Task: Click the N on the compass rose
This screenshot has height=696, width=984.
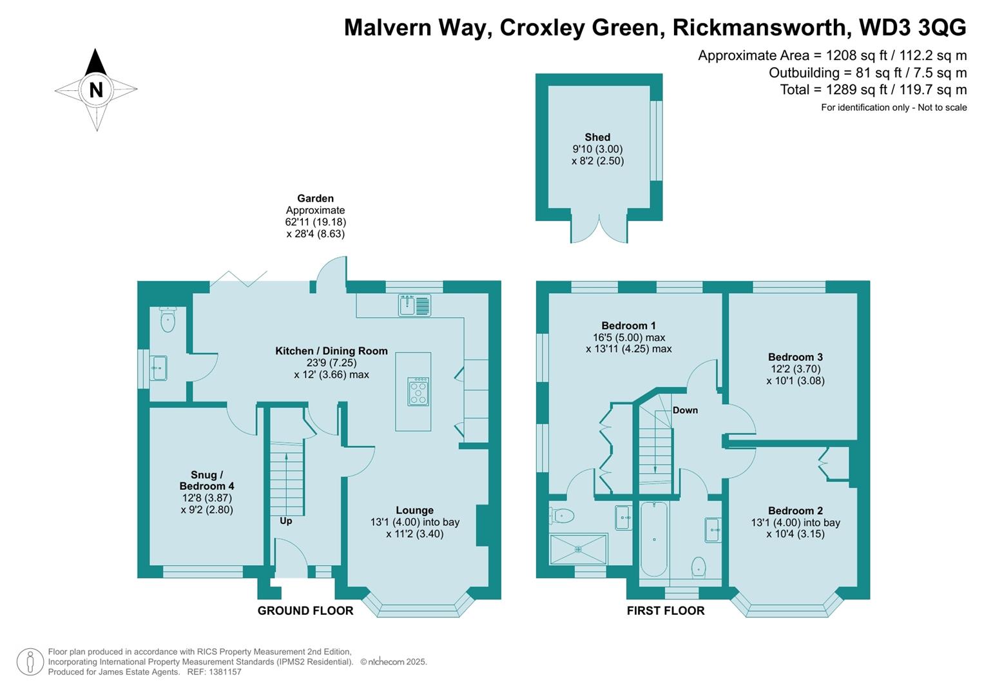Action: click(96, 90)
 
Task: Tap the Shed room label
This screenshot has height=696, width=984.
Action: click(597, 137)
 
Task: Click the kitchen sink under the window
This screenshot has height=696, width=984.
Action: click(414, 305)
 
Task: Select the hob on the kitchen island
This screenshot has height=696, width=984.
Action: click(418, 391)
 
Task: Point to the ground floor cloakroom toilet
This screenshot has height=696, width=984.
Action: click(168, 320)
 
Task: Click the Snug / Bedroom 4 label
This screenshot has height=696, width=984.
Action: click(206, 481)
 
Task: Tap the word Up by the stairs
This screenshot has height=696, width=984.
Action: click(285, 521)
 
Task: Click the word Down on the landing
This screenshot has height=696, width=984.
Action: click(685, 410)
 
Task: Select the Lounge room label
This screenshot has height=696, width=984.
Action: click(414, 510)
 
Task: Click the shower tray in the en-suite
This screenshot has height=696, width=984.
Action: click(578, 549)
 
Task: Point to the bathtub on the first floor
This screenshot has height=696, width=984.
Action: click(654, 539)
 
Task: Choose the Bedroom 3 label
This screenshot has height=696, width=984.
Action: click(795, 357)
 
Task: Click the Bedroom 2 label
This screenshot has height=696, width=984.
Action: click(795, 510)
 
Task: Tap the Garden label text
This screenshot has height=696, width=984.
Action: click(315, 198)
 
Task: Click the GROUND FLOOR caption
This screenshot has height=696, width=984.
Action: click(305, 610)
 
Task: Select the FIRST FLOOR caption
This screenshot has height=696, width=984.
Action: click(666, 610)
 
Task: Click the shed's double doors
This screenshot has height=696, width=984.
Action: click(599, 230)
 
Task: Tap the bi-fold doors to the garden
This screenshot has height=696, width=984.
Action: click(238, 279)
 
